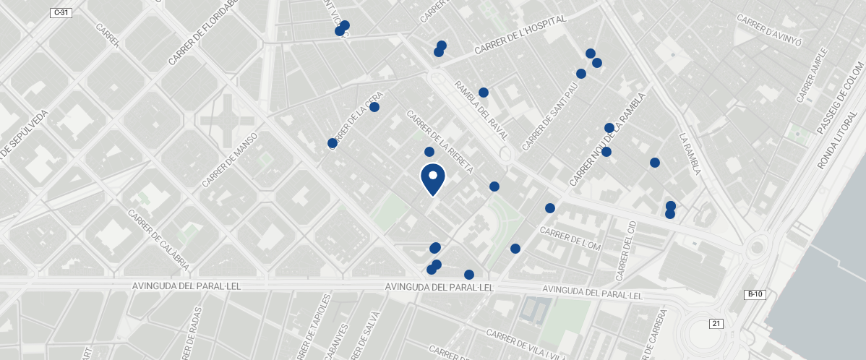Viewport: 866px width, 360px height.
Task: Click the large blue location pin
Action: (432, 179)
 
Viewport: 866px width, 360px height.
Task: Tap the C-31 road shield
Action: (61, 12)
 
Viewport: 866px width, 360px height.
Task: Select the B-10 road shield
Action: (754, 294)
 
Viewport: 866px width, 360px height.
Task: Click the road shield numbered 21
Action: (716, 323)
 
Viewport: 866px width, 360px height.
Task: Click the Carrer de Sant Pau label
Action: (551, 116)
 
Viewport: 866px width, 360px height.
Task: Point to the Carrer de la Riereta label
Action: (440, 142)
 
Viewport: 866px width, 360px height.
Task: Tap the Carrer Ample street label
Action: (811, 75)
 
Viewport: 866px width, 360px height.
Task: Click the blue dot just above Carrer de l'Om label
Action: (550, 208)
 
